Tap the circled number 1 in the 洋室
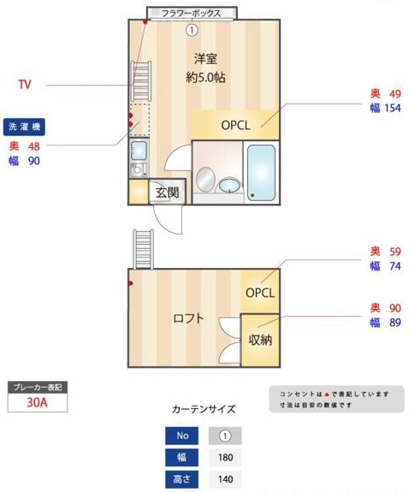point(192,29)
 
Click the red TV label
point(26,85)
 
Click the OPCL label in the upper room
point(235,124)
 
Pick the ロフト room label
point(188,318)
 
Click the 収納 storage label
point(260,340)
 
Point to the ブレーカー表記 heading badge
point(37,387)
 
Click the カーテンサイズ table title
point(204,409)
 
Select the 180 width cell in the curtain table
point(226,457)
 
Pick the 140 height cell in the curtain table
point(226,479)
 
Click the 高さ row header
point(181,479)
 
